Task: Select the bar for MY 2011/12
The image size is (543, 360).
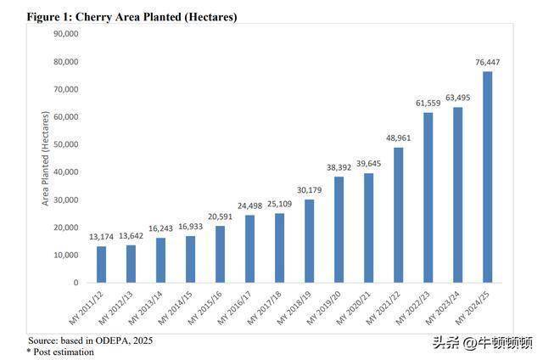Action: point(102,264)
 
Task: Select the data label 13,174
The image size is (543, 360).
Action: point(102,238)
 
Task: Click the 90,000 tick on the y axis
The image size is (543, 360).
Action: point(65,34)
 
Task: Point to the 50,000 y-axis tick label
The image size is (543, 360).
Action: point(65,144)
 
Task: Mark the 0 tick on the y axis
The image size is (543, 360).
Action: point(76,283)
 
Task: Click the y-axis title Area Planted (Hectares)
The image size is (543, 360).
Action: point(45,159)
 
